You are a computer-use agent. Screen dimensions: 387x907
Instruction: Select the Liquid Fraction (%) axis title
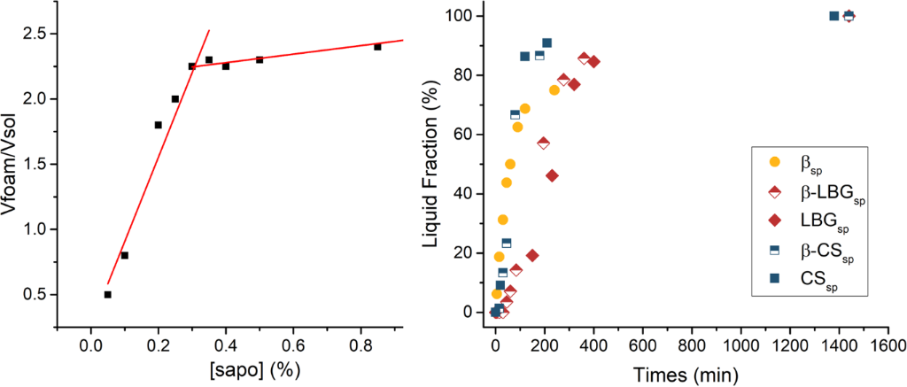432,164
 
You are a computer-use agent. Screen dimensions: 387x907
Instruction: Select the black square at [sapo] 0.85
377,46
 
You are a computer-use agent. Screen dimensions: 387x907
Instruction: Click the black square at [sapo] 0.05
107,294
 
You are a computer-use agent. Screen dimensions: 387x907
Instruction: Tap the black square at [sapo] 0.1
124,255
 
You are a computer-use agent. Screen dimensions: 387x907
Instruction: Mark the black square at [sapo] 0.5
260,59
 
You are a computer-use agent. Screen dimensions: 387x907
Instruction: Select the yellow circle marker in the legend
775,162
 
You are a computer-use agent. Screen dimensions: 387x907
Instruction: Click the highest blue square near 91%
547,43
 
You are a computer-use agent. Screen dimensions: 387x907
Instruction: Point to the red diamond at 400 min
593,61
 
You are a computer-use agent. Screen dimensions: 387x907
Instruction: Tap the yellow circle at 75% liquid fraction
554,89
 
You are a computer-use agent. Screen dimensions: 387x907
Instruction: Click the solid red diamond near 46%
552,175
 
